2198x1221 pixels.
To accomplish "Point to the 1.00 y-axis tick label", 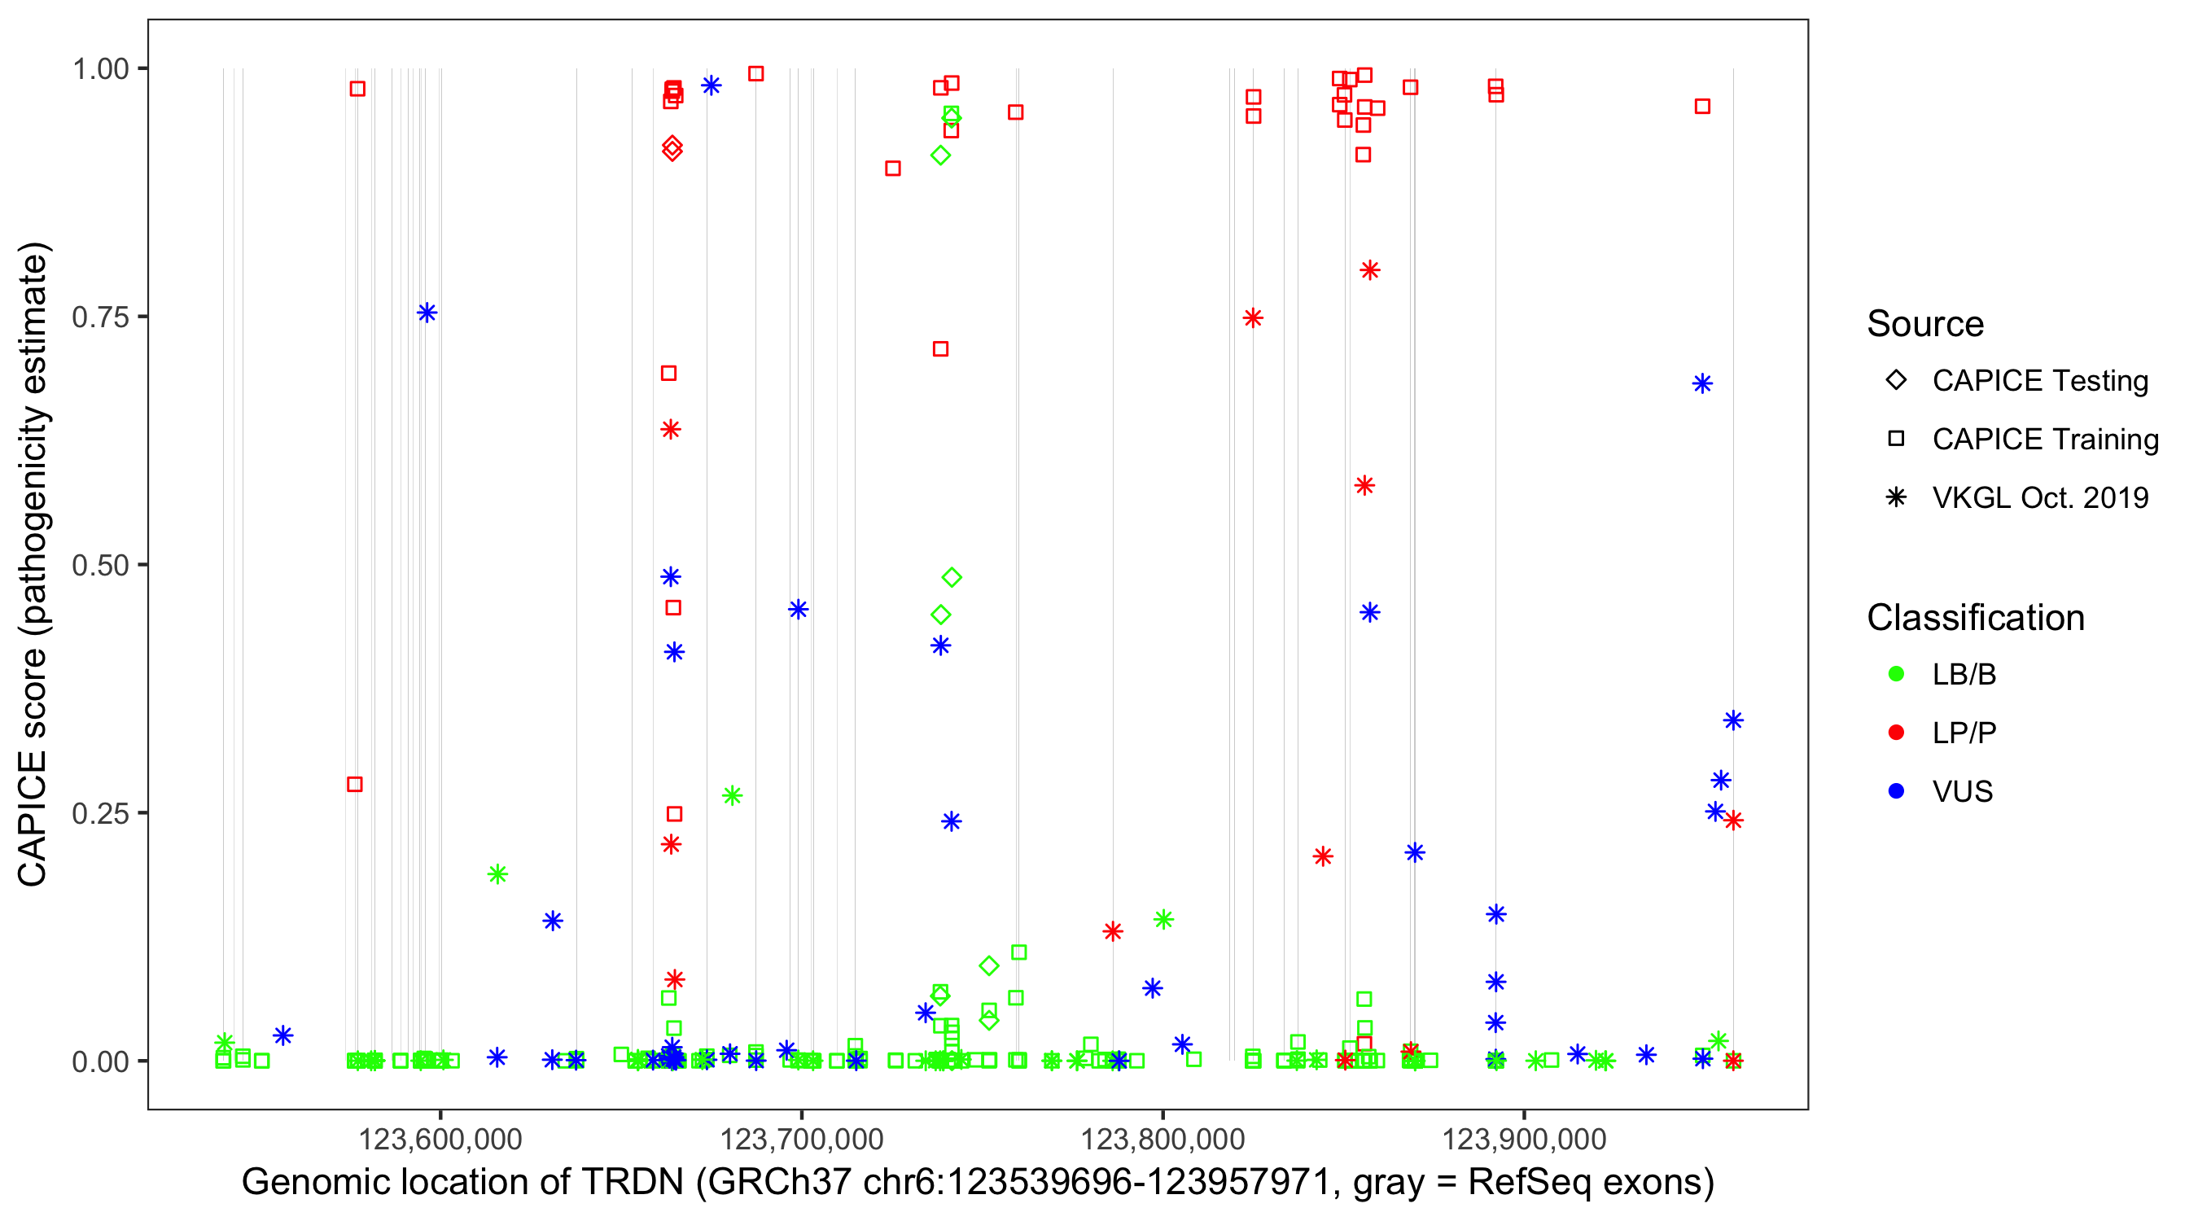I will [x=100, y=69].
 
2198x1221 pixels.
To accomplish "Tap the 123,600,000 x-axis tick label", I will [x=440, y=1139].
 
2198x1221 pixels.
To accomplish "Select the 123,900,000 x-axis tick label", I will [x=1524, y=1139].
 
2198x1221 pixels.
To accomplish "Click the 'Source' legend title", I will [x=1925, y=324].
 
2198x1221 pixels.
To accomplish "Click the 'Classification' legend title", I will [x=1975, y=618].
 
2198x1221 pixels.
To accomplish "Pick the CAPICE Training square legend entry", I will [x=1896, y=440].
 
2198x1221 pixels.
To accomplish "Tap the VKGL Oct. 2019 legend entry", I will [x=1896, y=497].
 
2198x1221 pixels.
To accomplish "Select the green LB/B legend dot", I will [x=1896, y=674].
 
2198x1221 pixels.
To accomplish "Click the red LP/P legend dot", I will [x=1896, y=733].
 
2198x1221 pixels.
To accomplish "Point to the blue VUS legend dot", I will [x=1896, y=791].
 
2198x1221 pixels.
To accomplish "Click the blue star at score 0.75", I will [x=427, y=313].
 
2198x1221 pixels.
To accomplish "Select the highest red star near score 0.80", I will [x=1369, y=270].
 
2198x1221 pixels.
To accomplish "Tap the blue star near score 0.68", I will [x=1702, y=384].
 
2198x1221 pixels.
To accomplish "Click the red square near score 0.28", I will [x=355, y=784].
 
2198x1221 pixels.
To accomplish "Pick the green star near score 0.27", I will [x=732, y=796].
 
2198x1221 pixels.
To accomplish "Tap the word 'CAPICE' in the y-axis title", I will [x=33, y=818].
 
